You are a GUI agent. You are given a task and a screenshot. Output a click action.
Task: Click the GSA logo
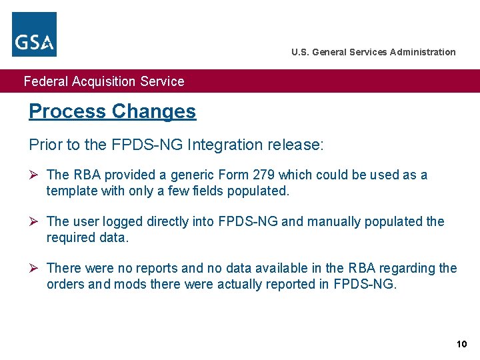coord(35,34)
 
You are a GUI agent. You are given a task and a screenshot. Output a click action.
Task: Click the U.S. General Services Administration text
coord(373,52)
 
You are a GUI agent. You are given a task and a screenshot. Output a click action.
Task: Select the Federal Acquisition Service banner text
coord(104,81)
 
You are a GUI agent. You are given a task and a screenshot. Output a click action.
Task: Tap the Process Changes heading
coord(112,111)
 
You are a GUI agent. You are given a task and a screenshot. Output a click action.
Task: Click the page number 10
coord(461,344)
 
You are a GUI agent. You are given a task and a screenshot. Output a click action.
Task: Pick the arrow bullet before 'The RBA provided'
coord(34,175)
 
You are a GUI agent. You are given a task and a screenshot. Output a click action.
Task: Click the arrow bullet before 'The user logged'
coord(34,221)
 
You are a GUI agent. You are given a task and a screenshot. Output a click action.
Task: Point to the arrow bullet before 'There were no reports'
coord(34,268)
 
